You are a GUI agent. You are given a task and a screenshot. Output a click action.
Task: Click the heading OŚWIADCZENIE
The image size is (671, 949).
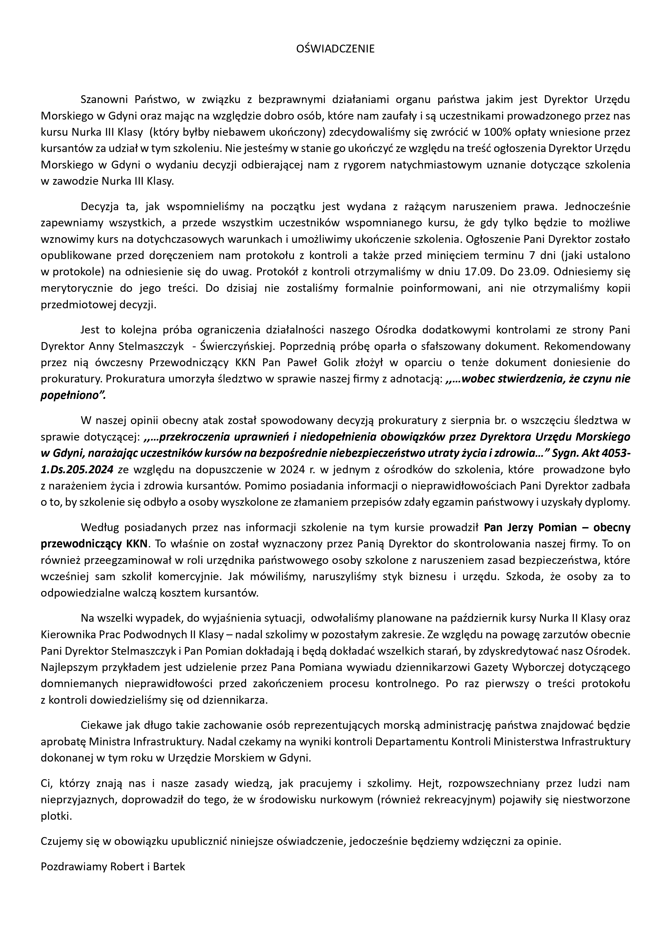pyautogui.click(x=335, y=49)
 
